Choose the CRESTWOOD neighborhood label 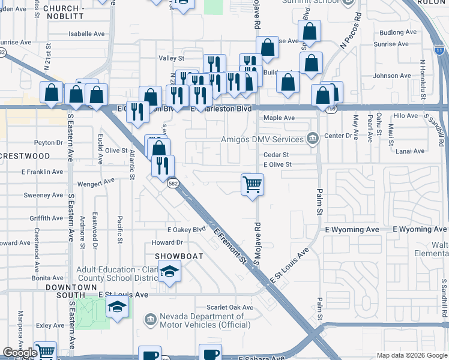click(x=25, y=156)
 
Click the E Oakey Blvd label click(x=187, y=229)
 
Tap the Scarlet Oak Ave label click(x=230, y=307)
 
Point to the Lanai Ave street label click(x=410, y=151)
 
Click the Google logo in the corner click(x=20, y=353)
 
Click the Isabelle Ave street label click(x=87, y=34)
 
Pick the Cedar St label click(x=276, y=154)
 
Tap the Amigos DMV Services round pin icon click(x=312, y=139)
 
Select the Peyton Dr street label click(x=49, y=143)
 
